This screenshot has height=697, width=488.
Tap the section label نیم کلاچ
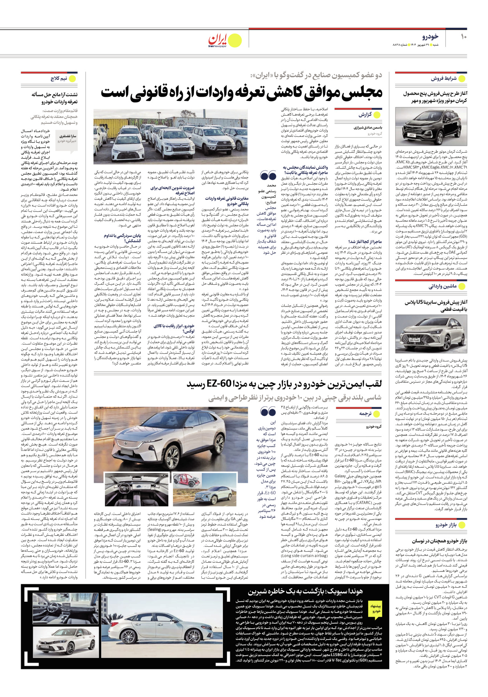click(x=59, y=78)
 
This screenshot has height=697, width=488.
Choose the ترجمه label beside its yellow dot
click(x=365, y=414)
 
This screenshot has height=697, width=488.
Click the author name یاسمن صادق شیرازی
click(x=368, y=127)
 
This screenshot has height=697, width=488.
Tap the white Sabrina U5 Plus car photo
click(x=431, y=334)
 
